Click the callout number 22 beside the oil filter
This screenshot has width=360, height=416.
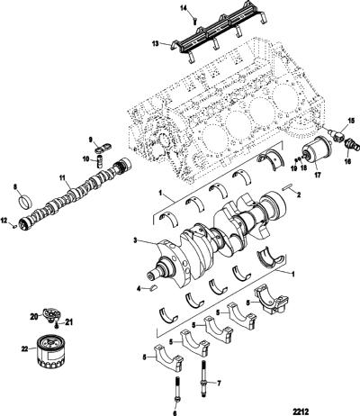click(x=24, y=349)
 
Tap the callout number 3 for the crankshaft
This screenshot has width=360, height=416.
click(x=136, y=240)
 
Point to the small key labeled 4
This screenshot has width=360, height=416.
click(x=152, y=287)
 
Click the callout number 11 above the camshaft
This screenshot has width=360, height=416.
click(x=62, y=178)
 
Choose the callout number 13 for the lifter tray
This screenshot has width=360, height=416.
click(x=155, y=44)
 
